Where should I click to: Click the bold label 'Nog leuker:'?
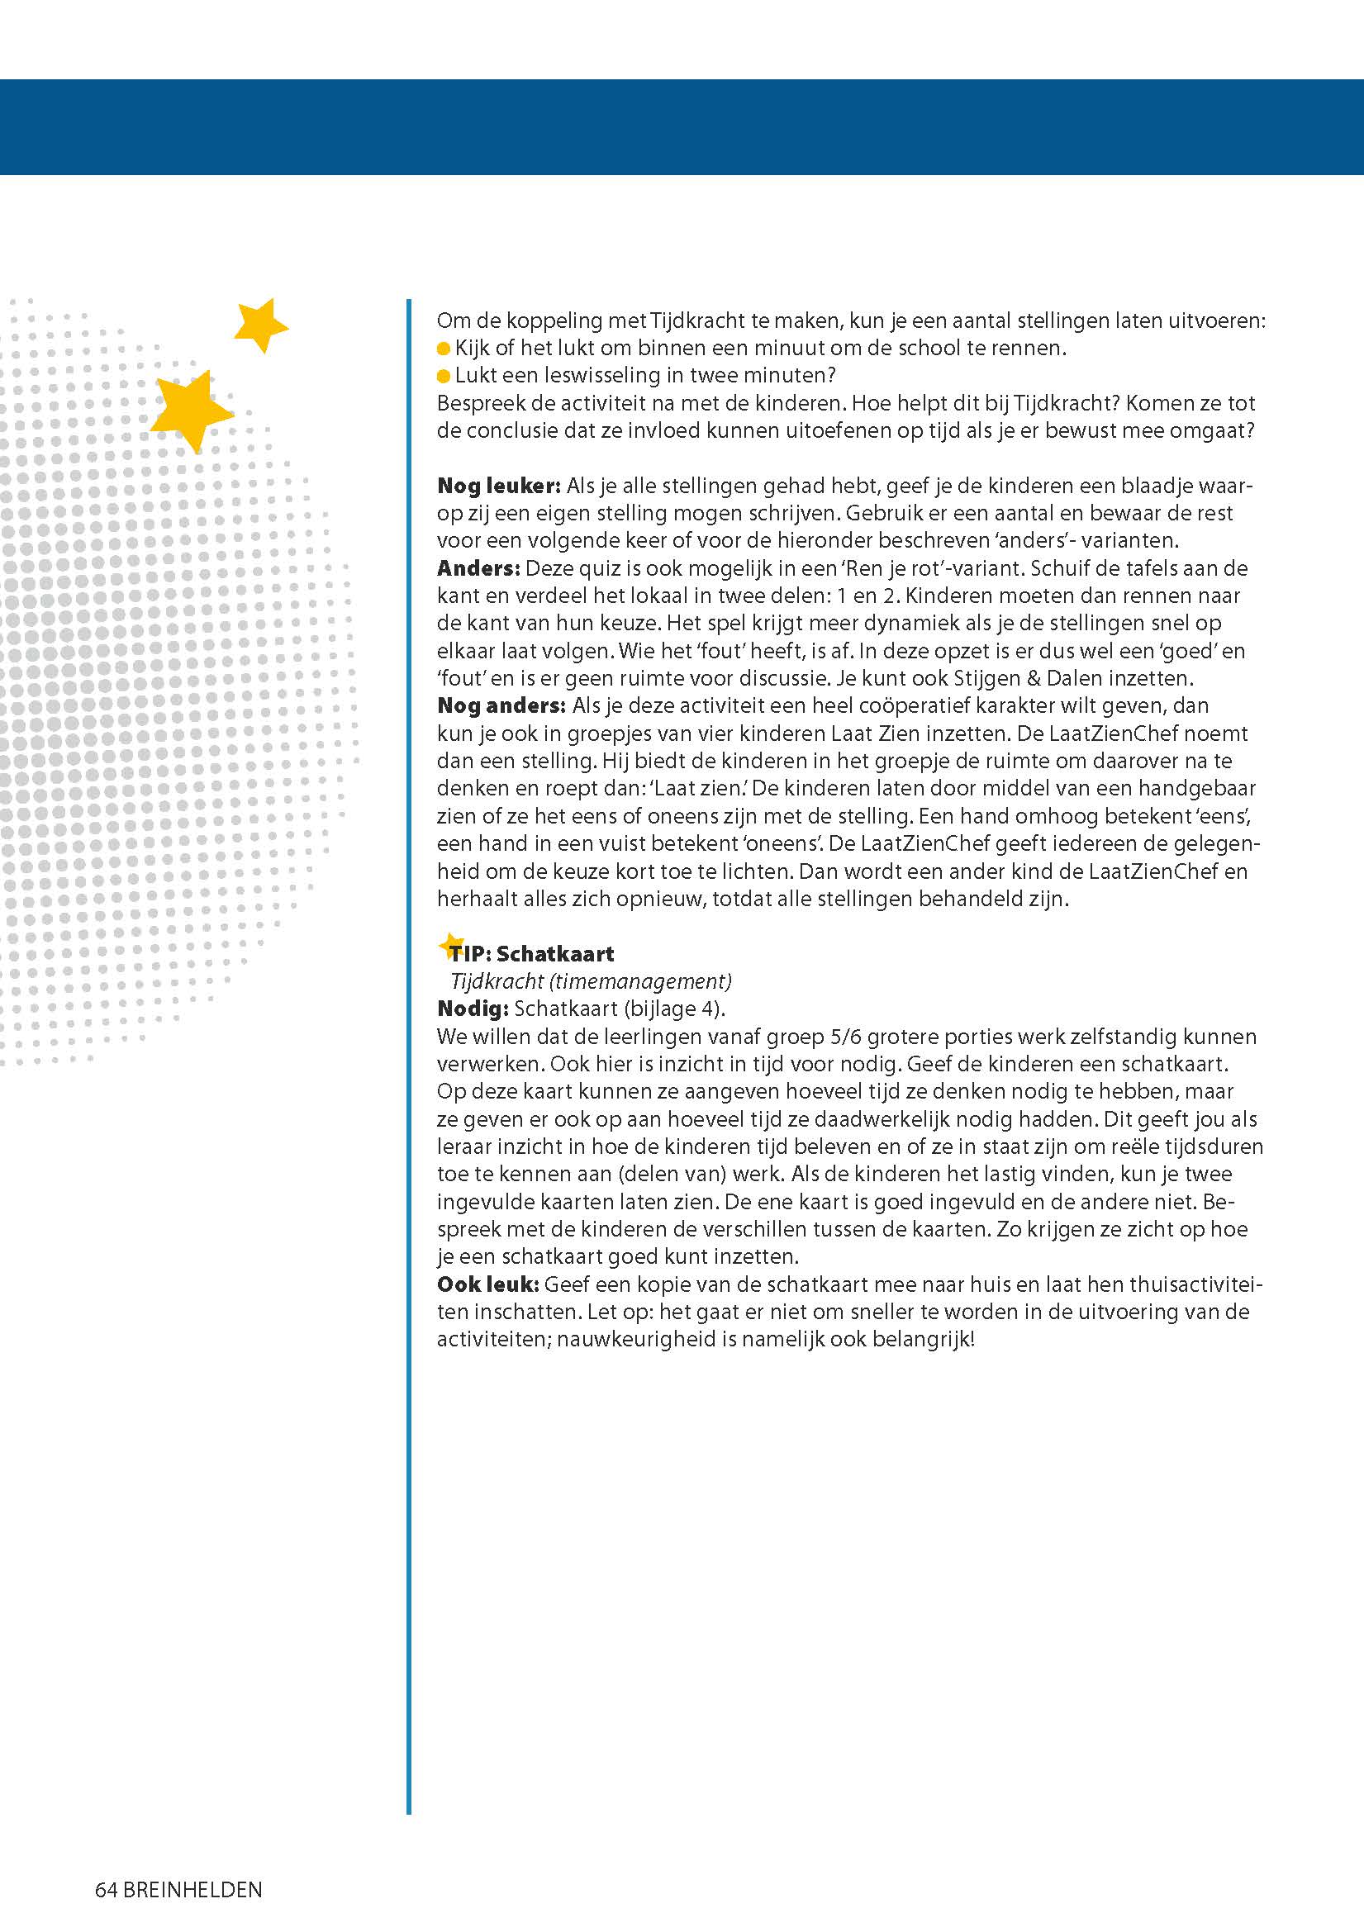(498, 486)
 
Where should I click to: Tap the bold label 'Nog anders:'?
(501, 705)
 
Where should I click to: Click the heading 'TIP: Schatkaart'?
(532, 953)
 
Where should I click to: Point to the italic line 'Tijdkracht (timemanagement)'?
(591, 981)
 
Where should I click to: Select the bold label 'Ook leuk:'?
(487, 1284)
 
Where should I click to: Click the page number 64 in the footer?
(106, 1890)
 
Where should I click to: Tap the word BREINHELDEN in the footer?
(192, 1890)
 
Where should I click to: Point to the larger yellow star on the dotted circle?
(191, 410)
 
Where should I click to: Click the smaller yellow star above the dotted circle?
(260, 324)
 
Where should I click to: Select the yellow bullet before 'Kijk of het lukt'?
(444, 349)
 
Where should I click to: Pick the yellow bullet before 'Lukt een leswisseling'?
(444, 376)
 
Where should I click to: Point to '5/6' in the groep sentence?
(842, 1037)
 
